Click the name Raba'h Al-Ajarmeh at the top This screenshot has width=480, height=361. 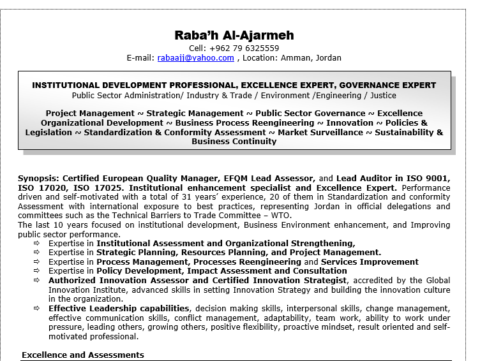234,34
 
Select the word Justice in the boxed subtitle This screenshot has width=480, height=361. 382,95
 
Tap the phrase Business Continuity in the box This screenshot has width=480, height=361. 234,142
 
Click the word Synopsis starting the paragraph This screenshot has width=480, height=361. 38,179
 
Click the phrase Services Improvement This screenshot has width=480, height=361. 370,262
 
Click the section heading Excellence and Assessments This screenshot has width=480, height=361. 83,355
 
